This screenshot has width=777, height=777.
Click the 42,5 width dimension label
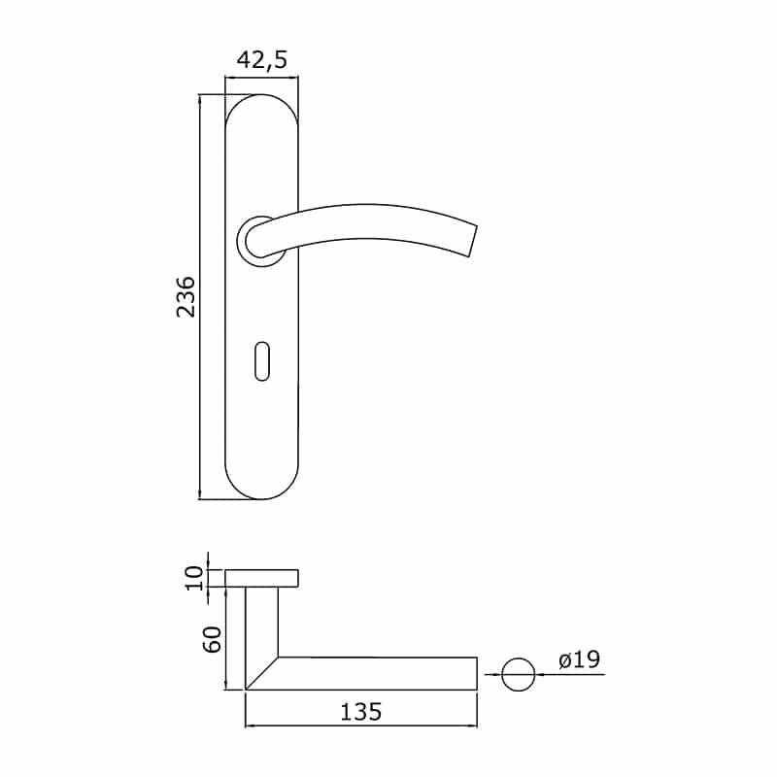pos(261,60)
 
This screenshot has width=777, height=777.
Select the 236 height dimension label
pos(186,297)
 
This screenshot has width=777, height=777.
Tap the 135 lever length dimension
pos(360,712)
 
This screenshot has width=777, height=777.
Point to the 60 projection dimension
pos(212,639)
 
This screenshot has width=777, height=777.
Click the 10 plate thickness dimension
pos(194,578)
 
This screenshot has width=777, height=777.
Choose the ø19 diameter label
pos(579,659)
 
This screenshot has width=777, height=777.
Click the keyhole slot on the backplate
pos(262,360)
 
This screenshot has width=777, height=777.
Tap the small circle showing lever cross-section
pos(519,674)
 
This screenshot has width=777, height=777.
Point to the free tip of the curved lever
pos(472,241)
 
